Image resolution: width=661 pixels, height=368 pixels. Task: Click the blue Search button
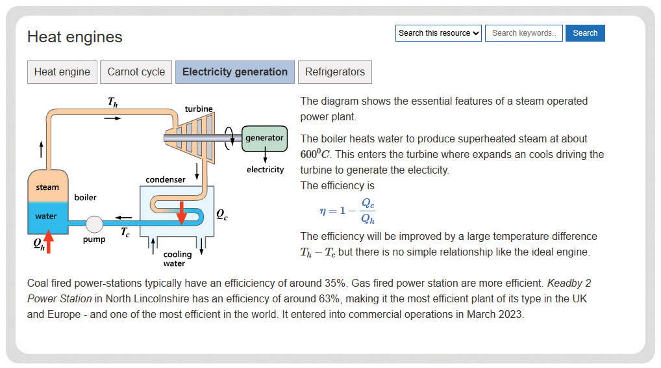(585, 33)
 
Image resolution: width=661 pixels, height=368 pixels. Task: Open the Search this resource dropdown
(438, 33)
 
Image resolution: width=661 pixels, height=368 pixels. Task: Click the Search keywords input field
(523, 33)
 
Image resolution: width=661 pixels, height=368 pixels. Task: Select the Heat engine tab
(62, 72)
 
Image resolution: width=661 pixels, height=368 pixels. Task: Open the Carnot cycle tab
(136, 72)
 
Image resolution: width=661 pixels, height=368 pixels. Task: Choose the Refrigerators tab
(334, 72)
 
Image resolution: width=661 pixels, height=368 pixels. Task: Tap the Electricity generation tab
(235, 72)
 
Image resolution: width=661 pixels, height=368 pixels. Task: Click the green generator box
(264, 138)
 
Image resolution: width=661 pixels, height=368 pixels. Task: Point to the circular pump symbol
(94, 224)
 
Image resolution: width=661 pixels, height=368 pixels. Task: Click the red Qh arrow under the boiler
(49, 241)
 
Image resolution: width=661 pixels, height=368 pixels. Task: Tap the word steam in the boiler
(47, 187)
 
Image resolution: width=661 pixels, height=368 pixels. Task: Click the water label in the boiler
(46, 216)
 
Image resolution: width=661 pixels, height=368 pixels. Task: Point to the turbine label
(199, 109)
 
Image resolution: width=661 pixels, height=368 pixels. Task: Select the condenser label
(165, 179)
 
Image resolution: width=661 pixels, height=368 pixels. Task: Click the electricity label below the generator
(265, 170)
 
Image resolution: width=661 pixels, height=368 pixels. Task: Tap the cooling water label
(177, 259)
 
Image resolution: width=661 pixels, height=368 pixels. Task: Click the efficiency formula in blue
(347, 211)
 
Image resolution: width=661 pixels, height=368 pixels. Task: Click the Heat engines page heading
(75, 37)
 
